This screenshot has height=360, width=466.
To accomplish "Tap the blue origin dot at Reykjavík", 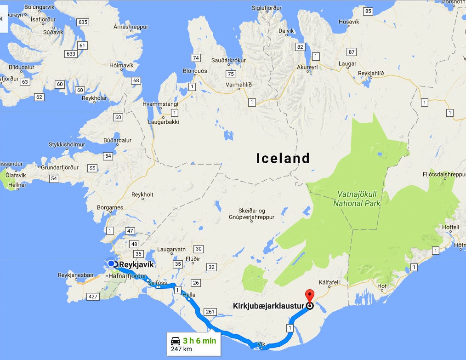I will click(111, 263).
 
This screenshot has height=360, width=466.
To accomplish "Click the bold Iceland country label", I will click(283, 159).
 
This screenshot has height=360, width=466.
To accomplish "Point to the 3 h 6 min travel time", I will click(199, 341).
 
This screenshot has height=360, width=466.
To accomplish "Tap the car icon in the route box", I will click(175, 341).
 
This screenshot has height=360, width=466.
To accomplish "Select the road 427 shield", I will click(93, 297).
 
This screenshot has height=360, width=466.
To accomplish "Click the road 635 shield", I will click(83, 22).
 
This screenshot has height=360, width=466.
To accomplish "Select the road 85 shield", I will click(368, 11).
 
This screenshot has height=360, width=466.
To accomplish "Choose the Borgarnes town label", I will click(110, 208).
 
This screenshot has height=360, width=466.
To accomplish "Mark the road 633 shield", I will click(71, 54).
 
